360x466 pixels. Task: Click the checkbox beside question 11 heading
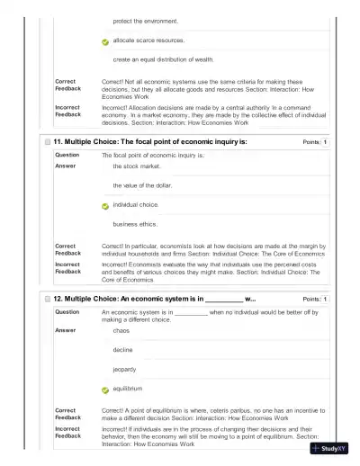coord(47,142)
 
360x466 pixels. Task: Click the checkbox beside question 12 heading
coord(47,299)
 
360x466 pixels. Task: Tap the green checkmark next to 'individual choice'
coord(105,206)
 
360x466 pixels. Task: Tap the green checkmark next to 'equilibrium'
coord(105,390)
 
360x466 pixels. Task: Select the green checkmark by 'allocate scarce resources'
coord(105,41)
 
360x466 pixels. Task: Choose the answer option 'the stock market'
coord(136,166)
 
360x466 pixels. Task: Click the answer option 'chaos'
coord(121,330)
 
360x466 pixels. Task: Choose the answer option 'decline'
coord(123,350)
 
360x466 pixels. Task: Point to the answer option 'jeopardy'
coord(125,369)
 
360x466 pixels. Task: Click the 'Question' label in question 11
coord(67,156)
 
